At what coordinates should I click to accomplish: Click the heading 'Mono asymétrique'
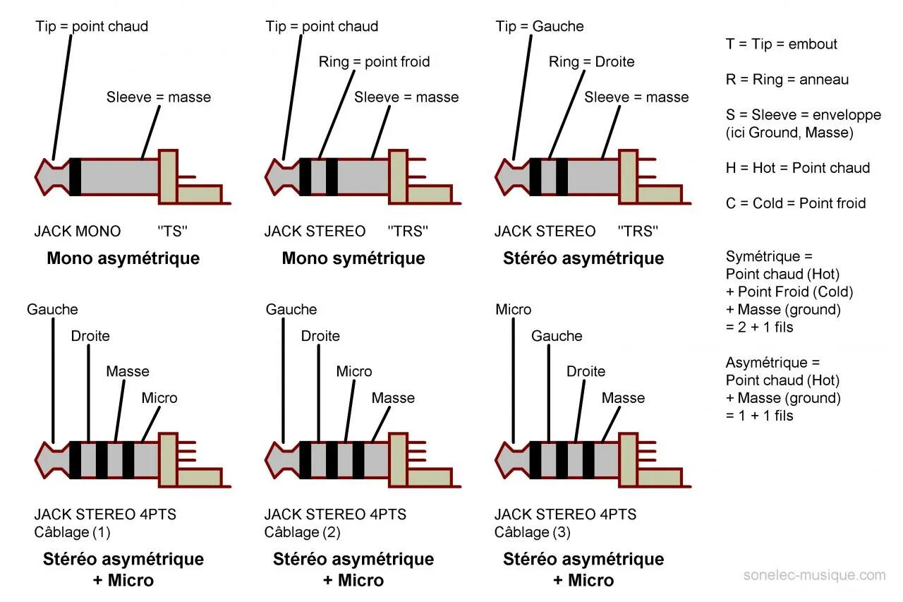123,258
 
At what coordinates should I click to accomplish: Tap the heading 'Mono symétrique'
353,258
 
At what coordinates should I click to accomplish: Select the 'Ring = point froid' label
374,62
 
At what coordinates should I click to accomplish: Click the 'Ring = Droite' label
591,62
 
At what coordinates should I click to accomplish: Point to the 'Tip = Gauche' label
540,27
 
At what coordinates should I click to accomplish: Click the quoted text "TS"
174,231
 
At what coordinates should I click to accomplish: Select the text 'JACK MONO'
78,231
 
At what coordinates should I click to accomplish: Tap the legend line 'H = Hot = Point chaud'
798,168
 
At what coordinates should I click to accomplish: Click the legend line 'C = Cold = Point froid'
796,203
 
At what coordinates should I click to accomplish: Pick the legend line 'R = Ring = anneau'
787,80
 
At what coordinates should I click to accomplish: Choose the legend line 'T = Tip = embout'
782,44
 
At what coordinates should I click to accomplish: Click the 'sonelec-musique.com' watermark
815,575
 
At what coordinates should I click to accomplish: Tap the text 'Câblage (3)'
533,532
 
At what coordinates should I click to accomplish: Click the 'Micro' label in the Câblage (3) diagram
514,310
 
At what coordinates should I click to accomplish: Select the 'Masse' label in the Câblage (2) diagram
393,398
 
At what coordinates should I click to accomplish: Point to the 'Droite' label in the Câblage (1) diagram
90,336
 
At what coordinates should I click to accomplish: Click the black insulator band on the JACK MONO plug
75,176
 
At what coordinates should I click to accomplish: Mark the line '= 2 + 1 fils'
760,327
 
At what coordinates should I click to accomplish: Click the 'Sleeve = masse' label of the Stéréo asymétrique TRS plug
636,97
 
